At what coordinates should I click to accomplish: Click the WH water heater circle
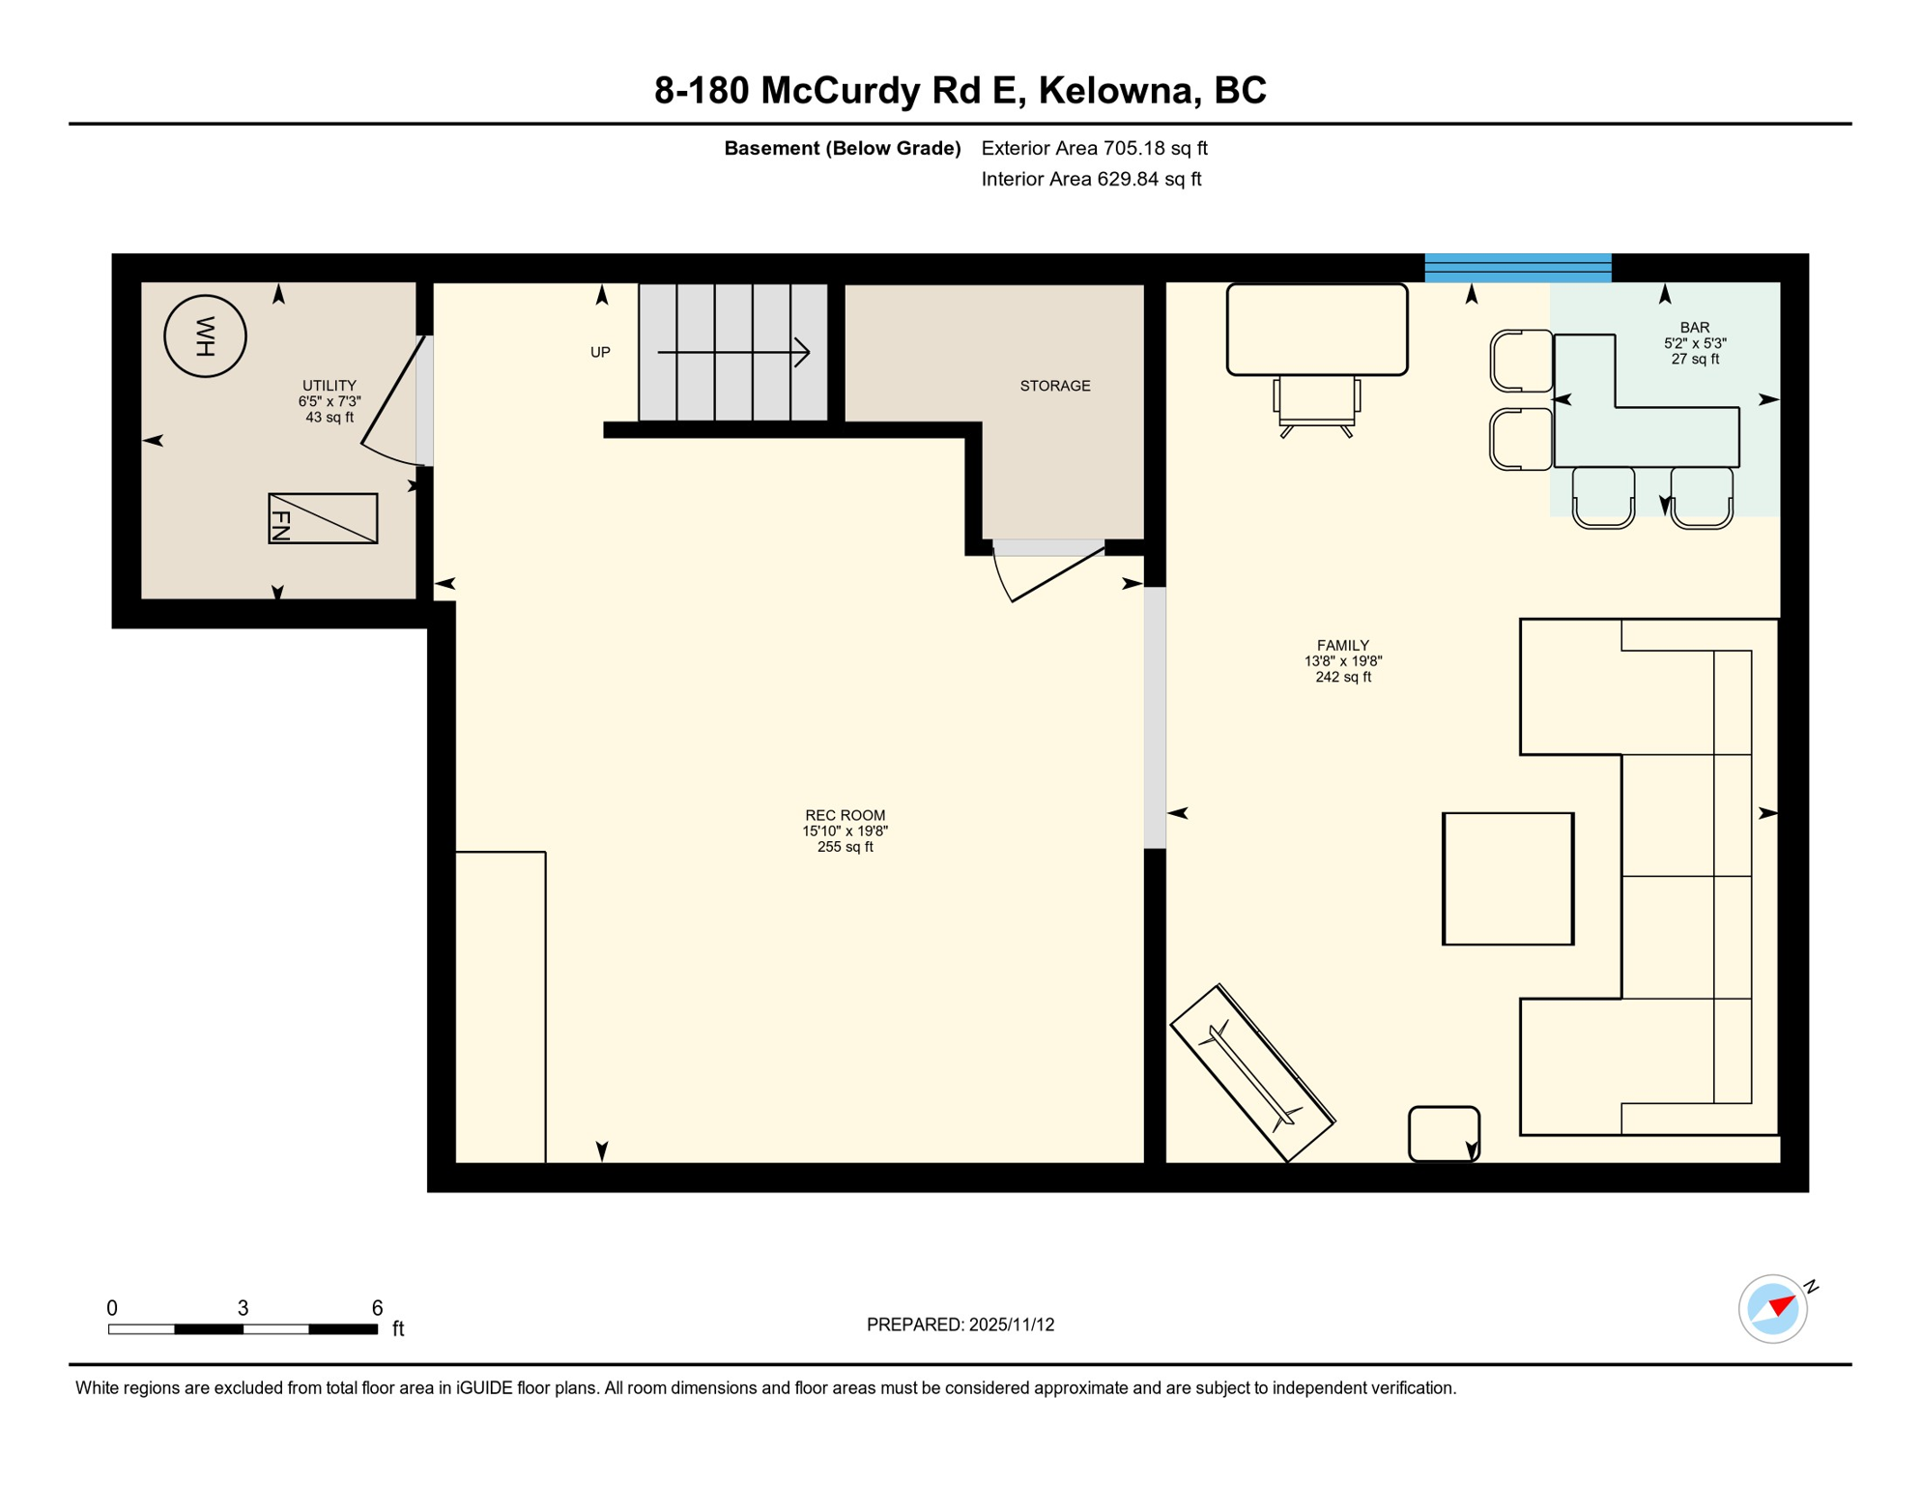[205, 336]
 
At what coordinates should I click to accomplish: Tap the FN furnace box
[323, 519]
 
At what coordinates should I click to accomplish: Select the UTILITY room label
[329, 386]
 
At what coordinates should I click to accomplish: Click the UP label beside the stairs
[600, 353]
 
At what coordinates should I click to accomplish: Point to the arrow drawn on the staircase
[733, 353]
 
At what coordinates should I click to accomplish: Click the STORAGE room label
[1054, 386]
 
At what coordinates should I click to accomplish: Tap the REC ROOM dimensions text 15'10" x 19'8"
[845, 831]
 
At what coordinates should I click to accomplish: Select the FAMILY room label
[1342, 646]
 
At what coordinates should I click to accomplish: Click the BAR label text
[1694, 328]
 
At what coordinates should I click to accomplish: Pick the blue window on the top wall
[1517, 268]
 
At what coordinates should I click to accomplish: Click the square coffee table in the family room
[1507, 879]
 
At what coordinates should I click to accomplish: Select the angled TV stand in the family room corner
[1252, 1073]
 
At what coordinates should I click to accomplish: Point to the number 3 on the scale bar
[243, 1308]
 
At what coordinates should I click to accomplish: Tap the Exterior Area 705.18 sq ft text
[1094, 148]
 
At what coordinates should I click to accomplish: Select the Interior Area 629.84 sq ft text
[1091, 179]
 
